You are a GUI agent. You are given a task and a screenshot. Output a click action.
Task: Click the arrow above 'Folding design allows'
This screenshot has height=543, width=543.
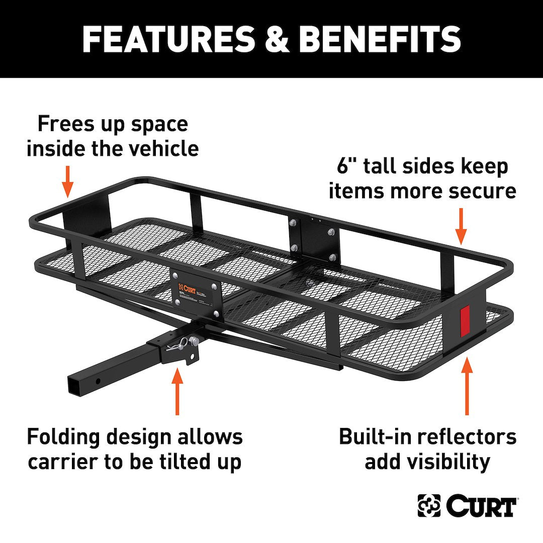177,392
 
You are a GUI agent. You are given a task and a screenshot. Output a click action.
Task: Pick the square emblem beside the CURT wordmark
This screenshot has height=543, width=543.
429,506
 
